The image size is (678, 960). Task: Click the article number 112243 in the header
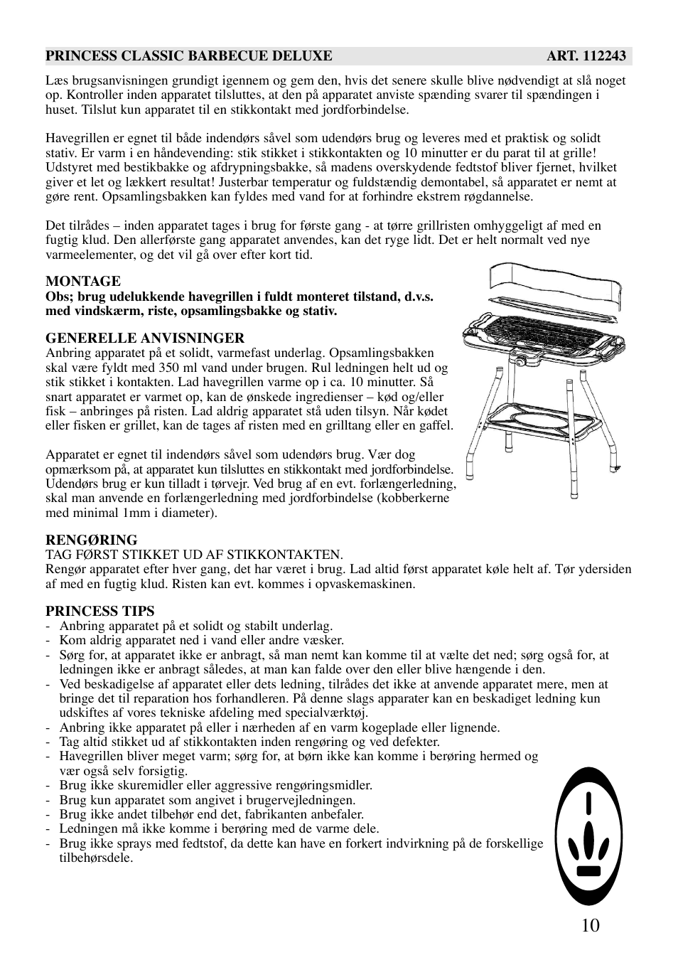(604, 56)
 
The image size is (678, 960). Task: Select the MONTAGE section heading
(83, 281)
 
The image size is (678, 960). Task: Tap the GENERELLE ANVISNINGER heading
(145, 338)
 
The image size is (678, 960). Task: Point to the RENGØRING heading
(92, 540)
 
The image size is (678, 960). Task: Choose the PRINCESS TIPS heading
(99, 611)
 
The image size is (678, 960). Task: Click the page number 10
(590, 924)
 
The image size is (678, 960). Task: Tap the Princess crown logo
(588, 836)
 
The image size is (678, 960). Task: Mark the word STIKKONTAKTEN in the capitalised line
(285, 555)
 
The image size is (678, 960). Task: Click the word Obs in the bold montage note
(58, 297)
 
